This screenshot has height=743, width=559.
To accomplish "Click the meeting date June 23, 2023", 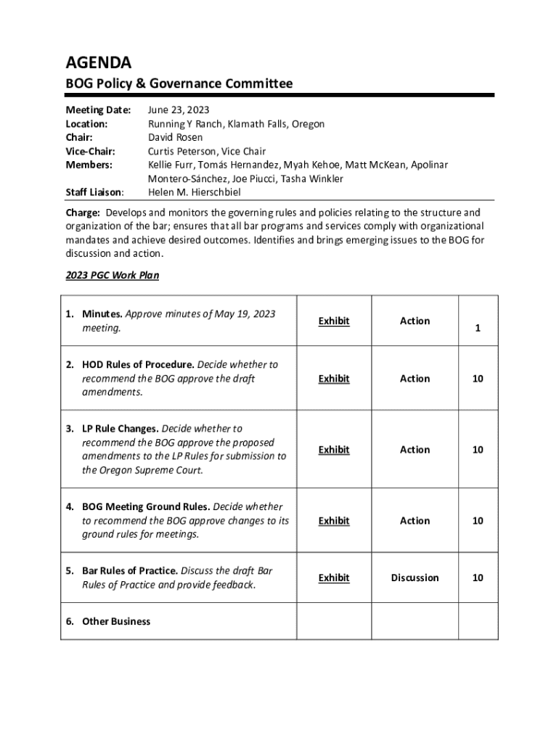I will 179,110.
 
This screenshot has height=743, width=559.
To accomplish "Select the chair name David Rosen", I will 175,138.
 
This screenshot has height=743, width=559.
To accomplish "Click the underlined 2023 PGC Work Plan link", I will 113,276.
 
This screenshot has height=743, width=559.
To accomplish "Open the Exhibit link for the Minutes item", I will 334,321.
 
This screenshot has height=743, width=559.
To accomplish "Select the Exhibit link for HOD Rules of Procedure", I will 334,379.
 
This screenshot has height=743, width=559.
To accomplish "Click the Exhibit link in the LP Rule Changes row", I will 334,450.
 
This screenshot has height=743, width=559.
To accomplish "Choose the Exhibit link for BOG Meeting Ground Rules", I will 334,521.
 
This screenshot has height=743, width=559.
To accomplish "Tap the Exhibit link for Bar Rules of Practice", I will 334,578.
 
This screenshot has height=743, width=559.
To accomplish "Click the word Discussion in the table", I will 415,578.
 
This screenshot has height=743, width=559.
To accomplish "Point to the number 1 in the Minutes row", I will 478,329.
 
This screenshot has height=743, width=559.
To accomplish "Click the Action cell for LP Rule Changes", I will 415,450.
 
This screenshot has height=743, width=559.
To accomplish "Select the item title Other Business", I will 116,621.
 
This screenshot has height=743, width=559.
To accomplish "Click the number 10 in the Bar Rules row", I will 478,578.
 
